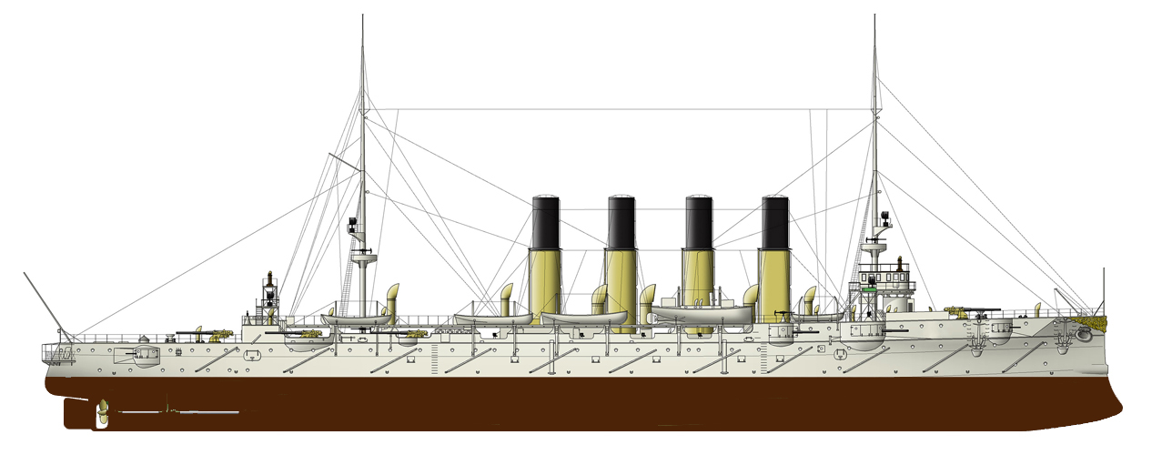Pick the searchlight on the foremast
tap(884, 218)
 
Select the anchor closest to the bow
tap(1082, 335)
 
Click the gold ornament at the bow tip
tap(1096, 319)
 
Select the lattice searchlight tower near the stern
tap(269, 296)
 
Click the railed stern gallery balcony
tap(60, 351)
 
